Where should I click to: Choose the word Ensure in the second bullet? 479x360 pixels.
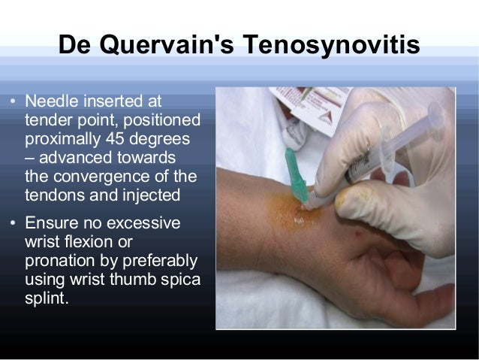point(50,223)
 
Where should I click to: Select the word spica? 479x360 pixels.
point(180,280)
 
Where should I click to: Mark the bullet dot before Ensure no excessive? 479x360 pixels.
point(13,224)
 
